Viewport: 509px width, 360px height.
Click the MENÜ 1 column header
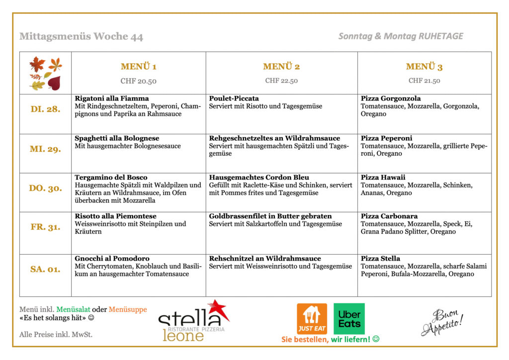point(138,67)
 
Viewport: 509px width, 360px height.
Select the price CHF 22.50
point(281,81)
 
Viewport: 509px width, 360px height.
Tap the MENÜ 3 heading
point(424,67)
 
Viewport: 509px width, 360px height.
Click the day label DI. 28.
point(45,109)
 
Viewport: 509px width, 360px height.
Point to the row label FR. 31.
point(45,227)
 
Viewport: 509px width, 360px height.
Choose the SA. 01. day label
point(45,269)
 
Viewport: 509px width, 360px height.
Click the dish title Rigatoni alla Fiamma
point(112,98)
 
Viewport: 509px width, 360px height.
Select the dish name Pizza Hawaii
point(383,178)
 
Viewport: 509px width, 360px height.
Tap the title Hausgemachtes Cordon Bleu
point(259,178)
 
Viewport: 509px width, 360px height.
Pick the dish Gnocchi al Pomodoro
point(112,259)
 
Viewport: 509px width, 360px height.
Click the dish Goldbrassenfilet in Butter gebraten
point(270,216)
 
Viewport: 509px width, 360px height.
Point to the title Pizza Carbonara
point(389,216)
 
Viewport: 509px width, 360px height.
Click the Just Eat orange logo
point(312,319)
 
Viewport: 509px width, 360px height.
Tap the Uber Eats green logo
point(349,319)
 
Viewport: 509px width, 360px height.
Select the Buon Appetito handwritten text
point(442,322)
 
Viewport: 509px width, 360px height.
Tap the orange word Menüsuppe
point(128,309)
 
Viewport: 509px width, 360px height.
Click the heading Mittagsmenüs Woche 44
point(81,36)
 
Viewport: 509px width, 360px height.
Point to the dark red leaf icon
point(54,83)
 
